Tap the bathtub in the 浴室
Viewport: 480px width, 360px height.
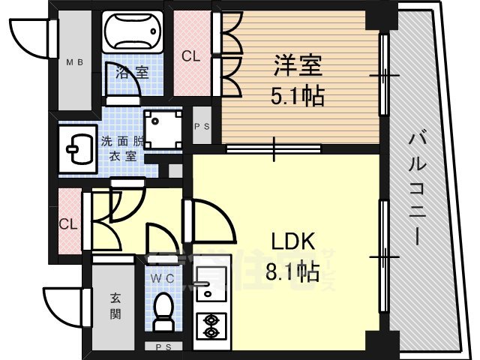(131, 32)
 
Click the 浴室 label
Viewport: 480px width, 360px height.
(131, 73)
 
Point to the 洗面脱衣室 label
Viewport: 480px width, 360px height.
(120, 148)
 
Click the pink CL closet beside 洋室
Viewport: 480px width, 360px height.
(190, 55)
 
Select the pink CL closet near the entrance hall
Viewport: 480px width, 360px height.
(68, 223)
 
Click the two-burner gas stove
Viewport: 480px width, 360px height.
(211, 325)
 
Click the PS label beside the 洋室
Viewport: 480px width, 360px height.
(202, 126)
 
